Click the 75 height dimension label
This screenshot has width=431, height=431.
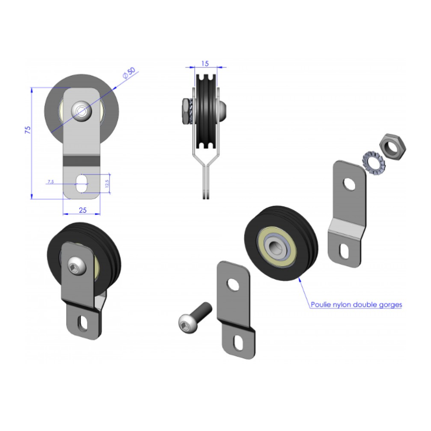coord(28,130)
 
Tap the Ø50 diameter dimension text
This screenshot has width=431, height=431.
coord(129,73)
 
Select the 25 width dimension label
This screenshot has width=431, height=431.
coord(83,210)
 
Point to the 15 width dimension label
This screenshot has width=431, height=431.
coord(205,64)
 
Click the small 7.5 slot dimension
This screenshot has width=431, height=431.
coord(51,182)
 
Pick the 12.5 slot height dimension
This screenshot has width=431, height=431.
coord(107,183)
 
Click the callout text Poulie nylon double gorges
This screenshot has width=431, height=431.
coord(356,304)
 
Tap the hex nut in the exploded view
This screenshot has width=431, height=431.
coord(393,147)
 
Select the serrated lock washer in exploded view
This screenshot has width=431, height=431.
coord(373,163)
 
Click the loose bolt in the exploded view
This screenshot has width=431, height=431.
coord(195,317)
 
